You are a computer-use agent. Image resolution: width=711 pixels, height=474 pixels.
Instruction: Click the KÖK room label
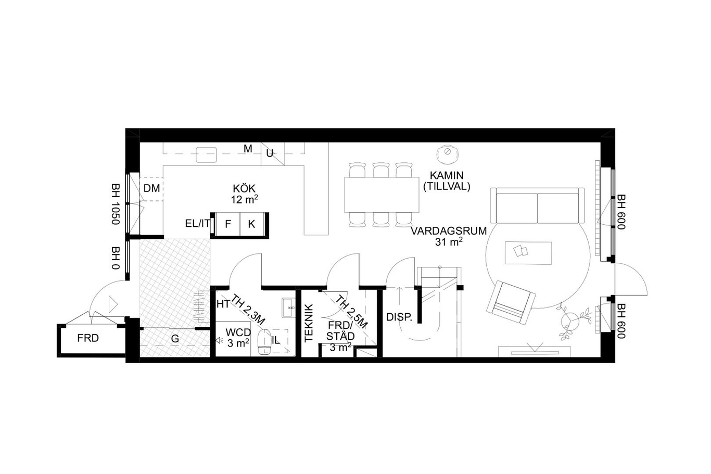tap(244, 188)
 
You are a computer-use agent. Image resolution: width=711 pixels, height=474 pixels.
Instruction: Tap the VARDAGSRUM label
tap(449, 231)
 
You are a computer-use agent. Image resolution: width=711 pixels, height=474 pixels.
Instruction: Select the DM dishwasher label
tap(151, 188)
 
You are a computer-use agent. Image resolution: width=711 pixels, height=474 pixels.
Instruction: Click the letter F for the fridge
tap(227, 224)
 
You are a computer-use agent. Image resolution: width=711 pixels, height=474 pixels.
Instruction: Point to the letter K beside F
tap(251, 224)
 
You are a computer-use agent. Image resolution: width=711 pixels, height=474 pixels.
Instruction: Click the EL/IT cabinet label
tap(197, 223)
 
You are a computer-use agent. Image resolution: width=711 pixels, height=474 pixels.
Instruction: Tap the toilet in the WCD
tap(264, 342)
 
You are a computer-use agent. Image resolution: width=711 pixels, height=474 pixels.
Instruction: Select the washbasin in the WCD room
tap(288, 308)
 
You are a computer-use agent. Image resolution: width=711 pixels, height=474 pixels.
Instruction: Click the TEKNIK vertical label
tap(309, 323)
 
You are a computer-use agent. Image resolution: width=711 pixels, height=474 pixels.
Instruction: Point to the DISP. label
tap(399, 317)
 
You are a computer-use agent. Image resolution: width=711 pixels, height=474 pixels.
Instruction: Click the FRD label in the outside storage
tap(88, 338)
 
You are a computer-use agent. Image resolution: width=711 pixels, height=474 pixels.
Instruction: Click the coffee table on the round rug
tap(528, 252)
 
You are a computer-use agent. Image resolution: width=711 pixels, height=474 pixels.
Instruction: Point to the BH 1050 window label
tap(116, 204)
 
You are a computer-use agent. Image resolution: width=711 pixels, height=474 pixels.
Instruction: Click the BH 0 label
tap(116, 258)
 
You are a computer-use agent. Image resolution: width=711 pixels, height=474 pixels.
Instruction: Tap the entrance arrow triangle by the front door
tap(112, 304)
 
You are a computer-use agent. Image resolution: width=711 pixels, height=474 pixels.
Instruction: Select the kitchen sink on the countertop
tap(206, 155)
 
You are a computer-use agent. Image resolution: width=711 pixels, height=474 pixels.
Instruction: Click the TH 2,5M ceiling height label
tap(351, 312)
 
